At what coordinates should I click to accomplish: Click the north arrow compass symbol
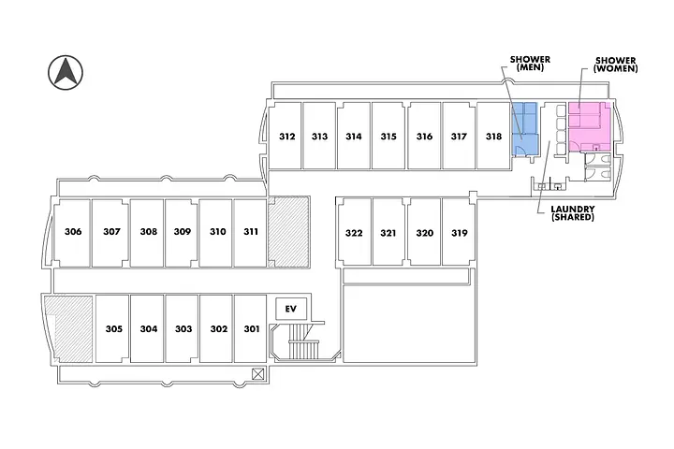point(65,73)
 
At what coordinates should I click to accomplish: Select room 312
point(287,137)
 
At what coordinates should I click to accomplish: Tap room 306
point(74,232)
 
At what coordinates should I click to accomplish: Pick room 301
point(252,329)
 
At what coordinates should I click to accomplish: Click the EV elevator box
point(290,309)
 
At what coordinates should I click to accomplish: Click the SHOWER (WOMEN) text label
point(616,65)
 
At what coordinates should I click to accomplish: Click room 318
point(493,137)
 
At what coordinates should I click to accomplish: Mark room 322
point(354,233)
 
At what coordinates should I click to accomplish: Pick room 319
point(459,233)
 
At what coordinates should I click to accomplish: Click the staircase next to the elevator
point(303,346)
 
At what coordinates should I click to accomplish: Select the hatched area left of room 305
point(67,328)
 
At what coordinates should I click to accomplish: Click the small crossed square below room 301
point(258,373)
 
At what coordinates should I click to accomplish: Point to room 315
point(388,137)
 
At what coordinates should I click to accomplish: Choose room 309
point(183,232)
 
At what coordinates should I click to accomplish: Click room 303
point(183,329)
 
